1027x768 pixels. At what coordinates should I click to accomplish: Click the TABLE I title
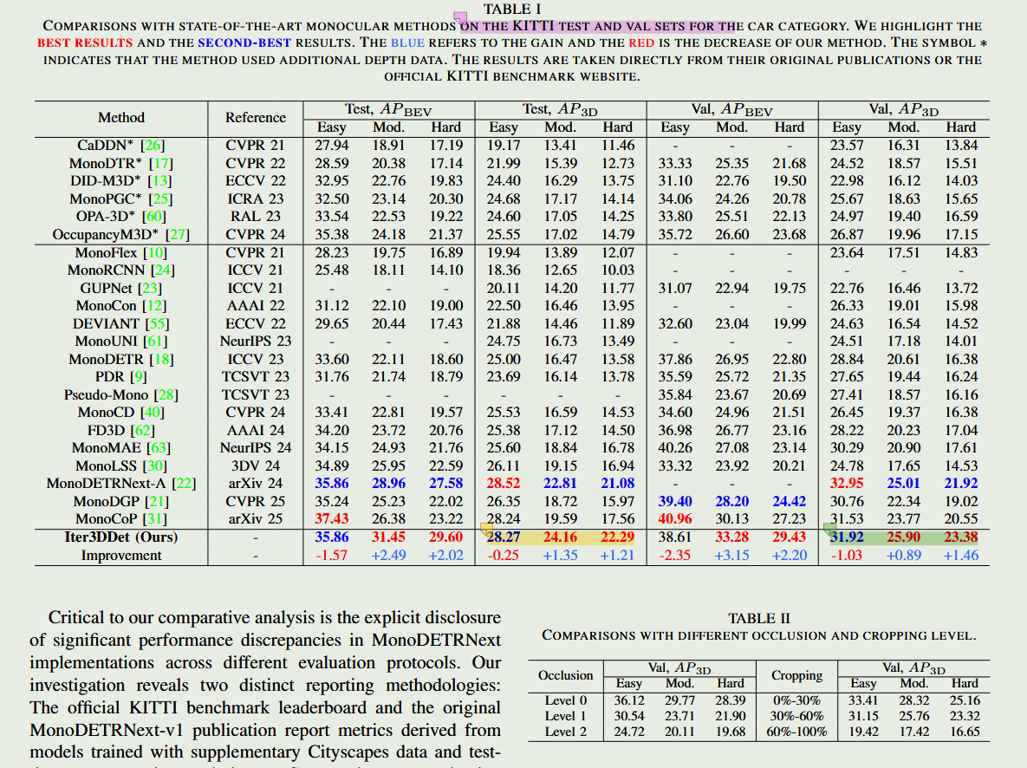pyautogui.click(x=512, y=9)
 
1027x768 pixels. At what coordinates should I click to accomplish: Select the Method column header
pyautogui.click(x=121, y=117)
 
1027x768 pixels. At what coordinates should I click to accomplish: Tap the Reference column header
pyautogui.click(x=256, y=117)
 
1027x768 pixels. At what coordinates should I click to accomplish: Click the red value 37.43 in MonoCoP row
pyautogui.click(x=332, y=518)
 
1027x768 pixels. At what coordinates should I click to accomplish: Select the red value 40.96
pyautogui.click(x=675, y=518)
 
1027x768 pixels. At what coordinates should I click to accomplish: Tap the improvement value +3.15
pyautogui.click(x=732, y=555)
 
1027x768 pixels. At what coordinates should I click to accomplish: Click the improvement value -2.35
pyautogui.click(x=675, y=555)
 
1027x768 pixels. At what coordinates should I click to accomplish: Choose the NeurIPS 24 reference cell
pyautogui.click(x=256, y=447)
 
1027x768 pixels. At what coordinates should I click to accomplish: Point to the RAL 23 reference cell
pyautogui.click(x=256, y=216)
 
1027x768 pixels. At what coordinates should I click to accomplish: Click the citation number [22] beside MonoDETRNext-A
pyautogui.click(x=184, y=483)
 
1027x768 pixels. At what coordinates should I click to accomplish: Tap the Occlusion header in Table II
pyautogui.click(x=566, y=675)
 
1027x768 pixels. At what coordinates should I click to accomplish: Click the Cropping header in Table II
pyautogui.click(x=796, y=675)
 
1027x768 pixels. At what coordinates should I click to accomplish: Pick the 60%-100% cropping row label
pyautogui.click(x=796, y=732)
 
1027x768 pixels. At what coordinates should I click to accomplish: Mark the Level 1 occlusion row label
pyautogui.click(x=566, y=716)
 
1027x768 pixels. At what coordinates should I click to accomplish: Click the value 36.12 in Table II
pyautogui.click(x=629, y=700)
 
